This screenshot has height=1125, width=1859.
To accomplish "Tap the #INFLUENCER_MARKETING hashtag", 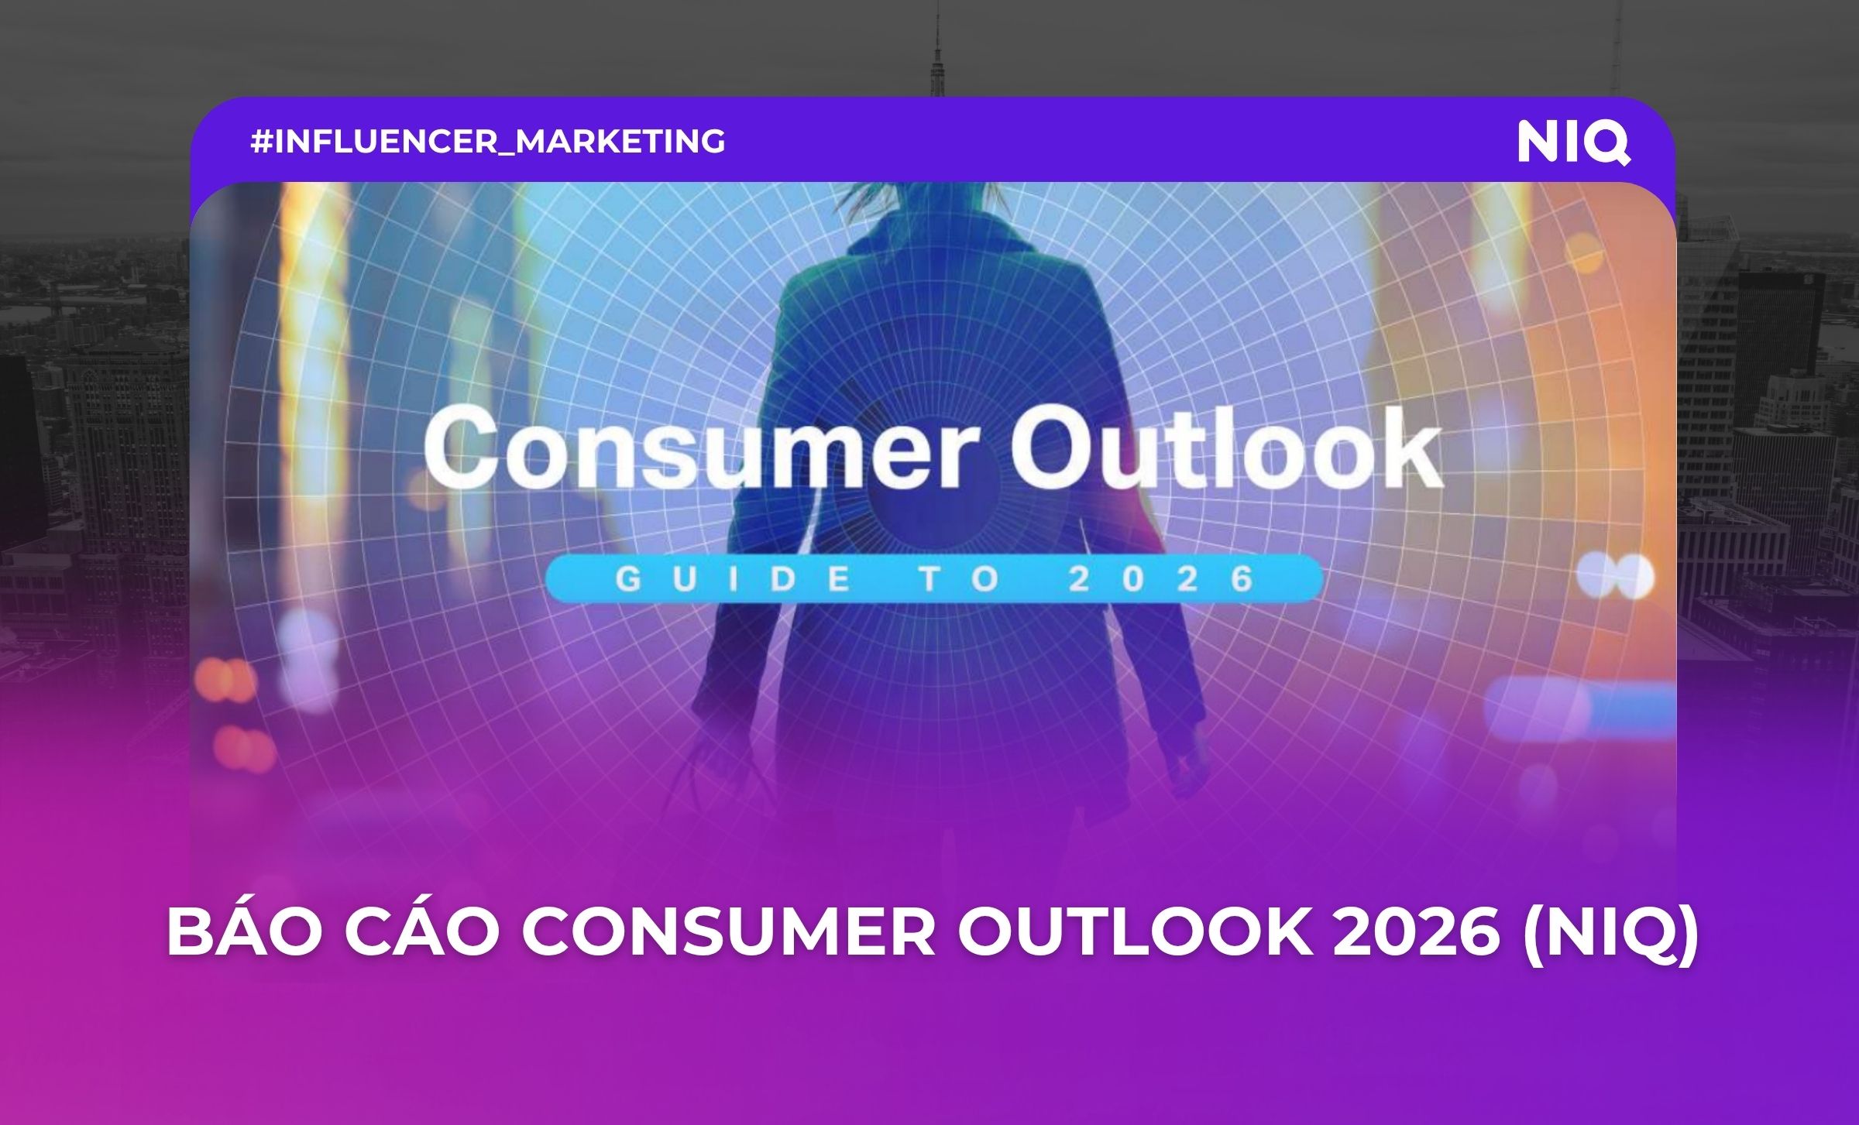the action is (x=488, y=142).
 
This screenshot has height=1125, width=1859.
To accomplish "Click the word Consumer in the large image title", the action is (x=696, y=451).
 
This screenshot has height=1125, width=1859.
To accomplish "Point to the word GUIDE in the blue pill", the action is (x=732, y=579).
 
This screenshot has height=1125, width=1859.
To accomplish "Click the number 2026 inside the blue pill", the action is (x=1161, y=579).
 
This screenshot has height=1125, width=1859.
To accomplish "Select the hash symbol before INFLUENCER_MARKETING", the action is (x=261, y=142).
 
